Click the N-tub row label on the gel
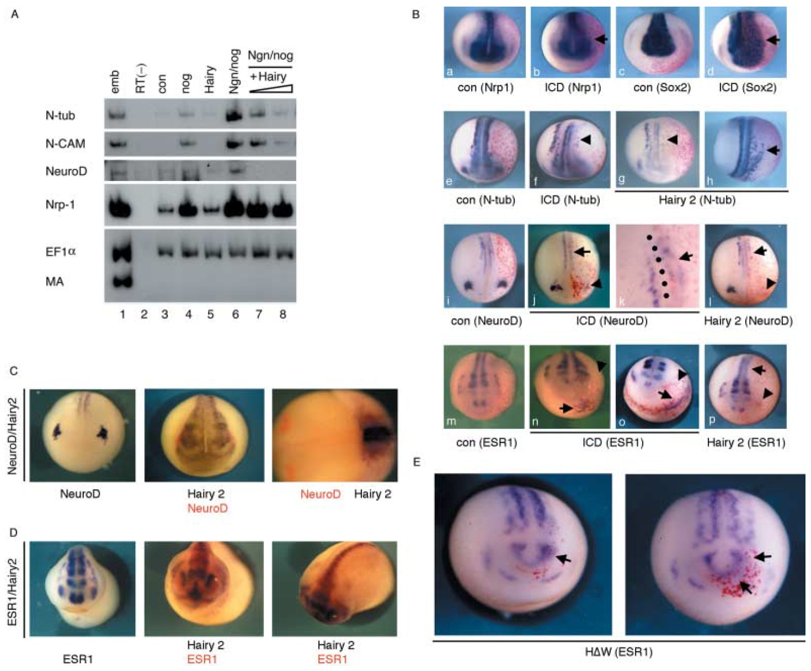pyautogui.click(x=60, y=115)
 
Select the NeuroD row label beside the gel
pyautogui.click(x=66, y=171)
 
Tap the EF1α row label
pyautogui.click(x=61, y=252)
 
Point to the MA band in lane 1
pyautogui.click(x=122, y=281)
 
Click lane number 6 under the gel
pyautogui.click(x=236, y=314)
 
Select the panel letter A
pyautogui.click(x=15, y=14)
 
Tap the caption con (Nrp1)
pyautogui.click(x=485, y=88)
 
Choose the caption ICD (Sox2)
pyautogui.click(x=747, y=88)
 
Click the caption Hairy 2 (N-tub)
pyautogui.click(x=697, y=200)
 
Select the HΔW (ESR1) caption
pyautogui.click(x=618, y=652)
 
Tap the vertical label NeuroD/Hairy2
pyautogui.click(x=13, y=435)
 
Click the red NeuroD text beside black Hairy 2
pyautogui.click(x=320, y=494)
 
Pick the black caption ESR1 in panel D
pyautogui.click(x=78, y=659)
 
